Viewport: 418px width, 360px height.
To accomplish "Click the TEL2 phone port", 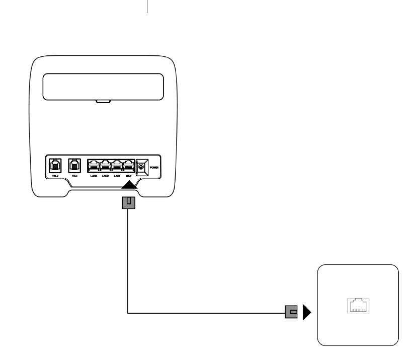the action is click(x=54, y=165).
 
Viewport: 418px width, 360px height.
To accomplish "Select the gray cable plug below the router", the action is click(x=129, y=203).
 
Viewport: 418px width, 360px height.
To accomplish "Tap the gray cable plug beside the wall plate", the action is click(x=292, y=312).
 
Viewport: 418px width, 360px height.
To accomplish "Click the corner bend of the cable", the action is click(x=129, y=312).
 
